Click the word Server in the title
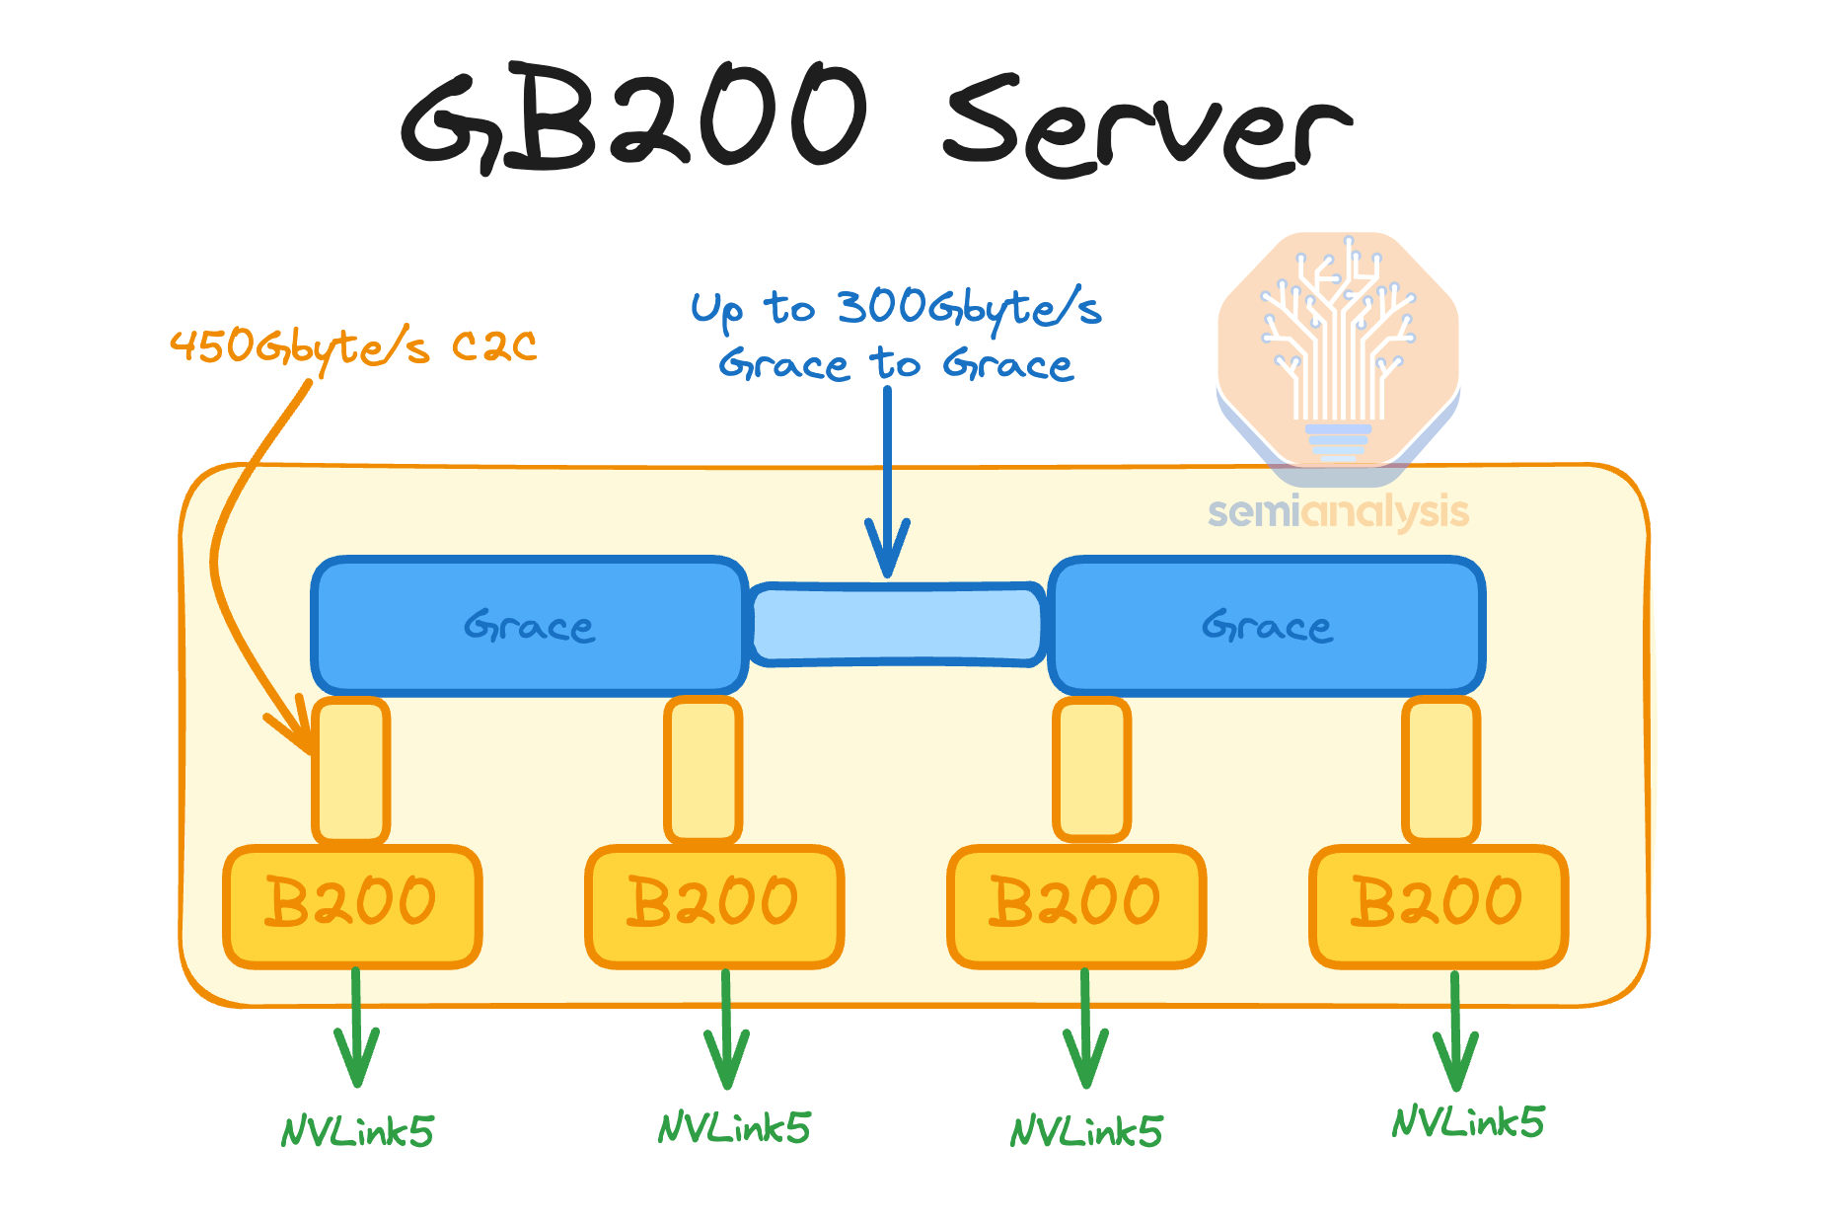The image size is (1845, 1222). point(1144,128)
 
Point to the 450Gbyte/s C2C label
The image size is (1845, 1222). point(353,346)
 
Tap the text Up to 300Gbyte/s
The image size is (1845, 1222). point(895,308)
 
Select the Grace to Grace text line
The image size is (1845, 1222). point(895,365)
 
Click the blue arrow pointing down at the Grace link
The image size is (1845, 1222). point(887,484)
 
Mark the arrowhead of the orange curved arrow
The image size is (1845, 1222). point(296,730)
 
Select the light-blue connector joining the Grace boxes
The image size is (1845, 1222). point(896,624)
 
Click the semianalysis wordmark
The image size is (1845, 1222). point(1338,512)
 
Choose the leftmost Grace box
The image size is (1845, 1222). point(529,626)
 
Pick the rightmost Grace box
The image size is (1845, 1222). point(1267,626)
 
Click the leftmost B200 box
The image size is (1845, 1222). point(352,904)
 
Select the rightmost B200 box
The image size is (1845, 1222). point(1439,904)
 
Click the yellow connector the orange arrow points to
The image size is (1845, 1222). point(351,770)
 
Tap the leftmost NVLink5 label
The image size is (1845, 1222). point(357,1131)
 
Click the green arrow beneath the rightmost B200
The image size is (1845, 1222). point(1455,1031)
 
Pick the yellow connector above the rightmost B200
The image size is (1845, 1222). point(1441,770)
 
